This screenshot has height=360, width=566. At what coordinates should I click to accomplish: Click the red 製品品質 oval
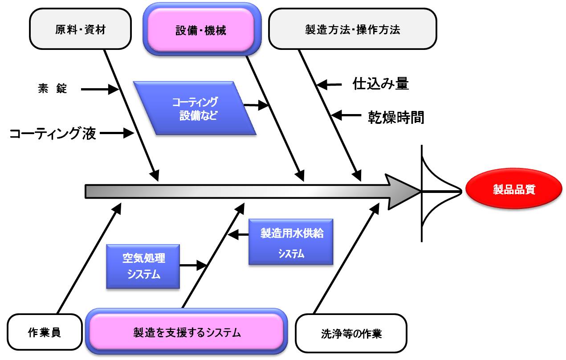click(513, 190)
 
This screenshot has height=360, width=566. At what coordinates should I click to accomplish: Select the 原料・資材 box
click(81, 30)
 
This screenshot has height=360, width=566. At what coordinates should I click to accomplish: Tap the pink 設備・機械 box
click(201, 30)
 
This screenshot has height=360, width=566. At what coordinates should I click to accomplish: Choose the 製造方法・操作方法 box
click(352, 30)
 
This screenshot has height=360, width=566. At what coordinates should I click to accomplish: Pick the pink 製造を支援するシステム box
click(187, 332)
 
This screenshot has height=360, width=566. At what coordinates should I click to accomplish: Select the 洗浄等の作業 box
click(351, 333)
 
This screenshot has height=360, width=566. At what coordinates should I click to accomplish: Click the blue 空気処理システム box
click(143, 266)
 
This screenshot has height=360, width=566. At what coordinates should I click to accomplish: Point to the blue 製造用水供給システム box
click(291, 242)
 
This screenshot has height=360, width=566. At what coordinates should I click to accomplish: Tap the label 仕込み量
click(380, 83)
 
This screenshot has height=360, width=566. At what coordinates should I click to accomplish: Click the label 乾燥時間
click(395, 117)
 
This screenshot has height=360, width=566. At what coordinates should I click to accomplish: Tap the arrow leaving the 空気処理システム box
click(194, 266)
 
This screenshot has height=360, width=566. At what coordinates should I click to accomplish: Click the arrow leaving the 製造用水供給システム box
click(238, 234)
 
